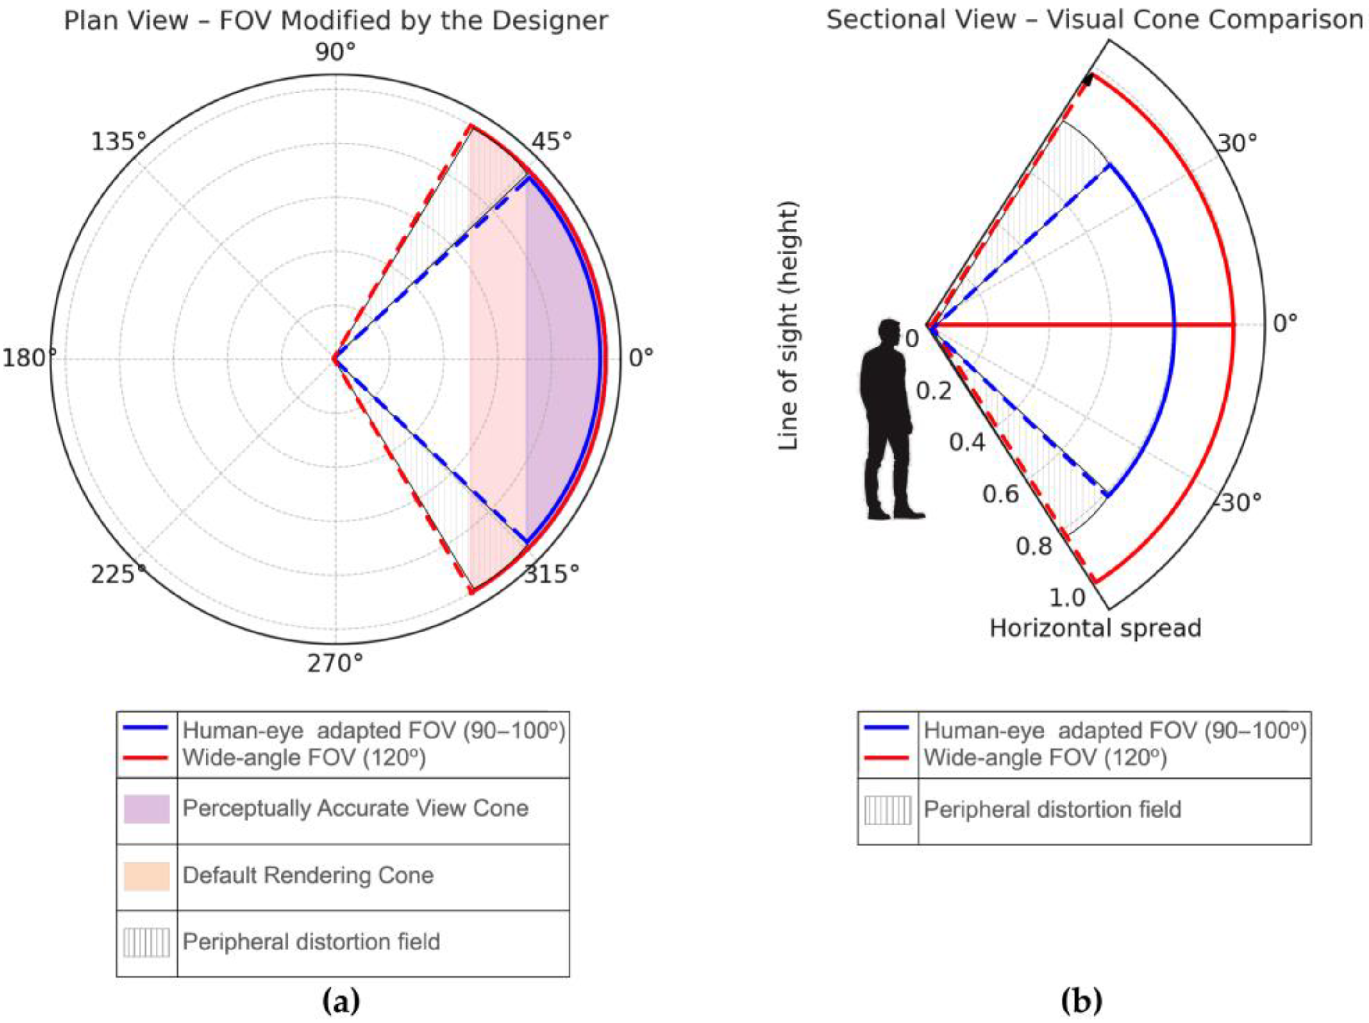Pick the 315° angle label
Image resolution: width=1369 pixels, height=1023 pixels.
point(551,575)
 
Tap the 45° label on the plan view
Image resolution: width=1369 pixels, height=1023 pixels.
point(549,142)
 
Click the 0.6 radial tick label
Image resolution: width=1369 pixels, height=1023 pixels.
point(1000,494)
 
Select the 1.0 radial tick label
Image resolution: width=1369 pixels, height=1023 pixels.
point(1068,597)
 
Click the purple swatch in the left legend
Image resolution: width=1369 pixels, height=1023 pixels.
point(147,809)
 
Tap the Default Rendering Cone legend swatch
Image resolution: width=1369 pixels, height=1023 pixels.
point(147,876)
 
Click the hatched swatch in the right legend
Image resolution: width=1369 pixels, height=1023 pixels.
point(888,810)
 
